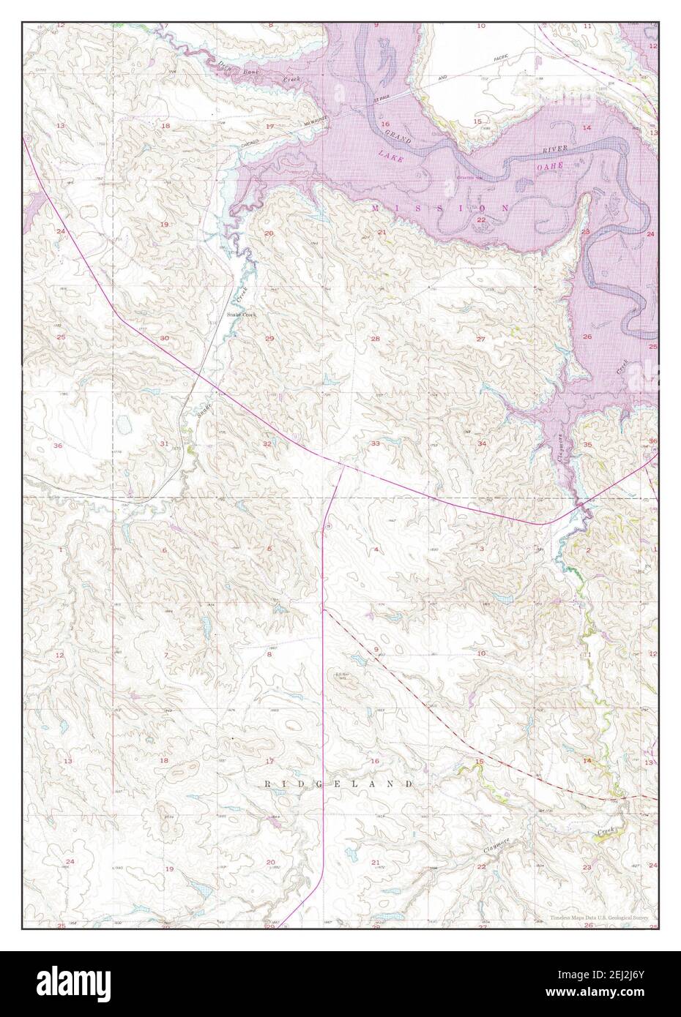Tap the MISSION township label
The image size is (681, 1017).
point(440,209)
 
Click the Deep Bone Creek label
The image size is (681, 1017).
point(250,73)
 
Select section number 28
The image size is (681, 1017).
point(375,339)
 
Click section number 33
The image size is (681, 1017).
point(375,443)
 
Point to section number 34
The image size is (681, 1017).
point(481,443)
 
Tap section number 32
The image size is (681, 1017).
point(267,443)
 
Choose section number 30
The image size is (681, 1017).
point(165,338)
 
